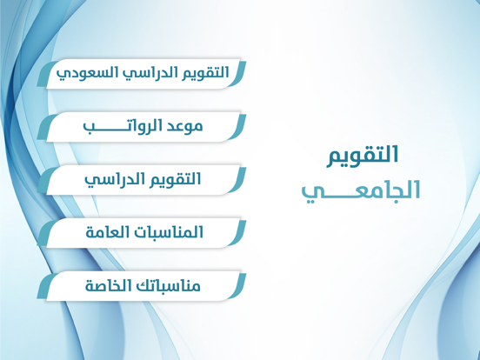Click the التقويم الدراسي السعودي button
point(142,74)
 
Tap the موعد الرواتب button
point(142,127)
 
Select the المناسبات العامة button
point(142,233)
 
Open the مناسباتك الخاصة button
point(142,286)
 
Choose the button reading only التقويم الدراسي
point(142,180)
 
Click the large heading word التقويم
point(363,157)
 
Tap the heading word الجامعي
point(361,191)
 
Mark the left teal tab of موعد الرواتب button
point(45,128)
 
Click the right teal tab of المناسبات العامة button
point(238,233)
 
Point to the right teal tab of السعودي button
point(238,74)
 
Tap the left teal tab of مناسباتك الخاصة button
point(45,287)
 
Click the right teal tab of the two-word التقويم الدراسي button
point(238,180)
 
